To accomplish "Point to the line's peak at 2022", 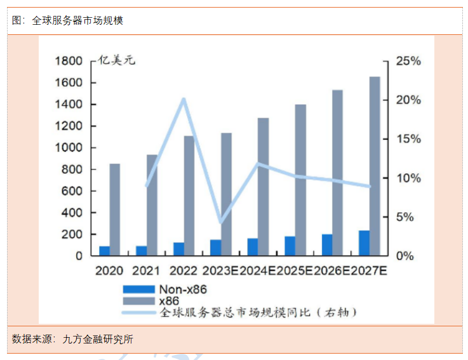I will point(184,99).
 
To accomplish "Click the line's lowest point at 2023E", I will point(220,223).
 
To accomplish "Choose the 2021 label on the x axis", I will point(146,271).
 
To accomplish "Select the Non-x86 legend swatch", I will point(138,289).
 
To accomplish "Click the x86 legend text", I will point(168,300).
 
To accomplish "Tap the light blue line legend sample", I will point(138,312).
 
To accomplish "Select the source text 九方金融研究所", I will point(98,339).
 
